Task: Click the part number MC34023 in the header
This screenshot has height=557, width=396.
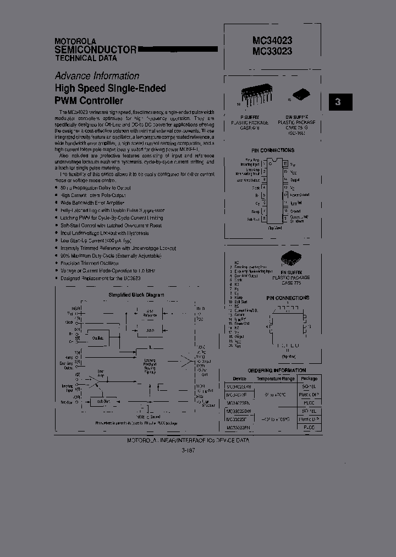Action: [265, 40]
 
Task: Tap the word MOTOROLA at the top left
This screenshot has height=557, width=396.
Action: [75, 41]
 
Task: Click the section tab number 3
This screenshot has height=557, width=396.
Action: [338, 102]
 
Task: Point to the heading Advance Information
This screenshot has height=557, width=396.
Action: [97, 76]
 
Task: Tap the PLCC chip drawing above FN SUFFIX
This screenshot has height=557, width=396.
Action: [291, 258]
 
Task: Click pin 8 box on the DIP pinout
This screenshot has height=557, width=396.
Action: [265, 219]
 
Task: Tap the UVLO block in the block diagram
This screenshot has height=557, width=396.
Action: [150, 329]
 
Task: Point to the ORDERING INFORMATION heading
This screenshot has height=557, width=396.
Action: [277, 370]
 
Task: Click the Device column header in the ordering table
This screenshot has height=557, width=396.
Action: [239, 379]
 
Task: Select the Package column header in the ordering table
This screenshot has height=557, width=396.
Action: [309, 379]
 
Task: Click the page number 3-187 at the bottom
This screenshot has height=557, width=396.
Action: [188, 450]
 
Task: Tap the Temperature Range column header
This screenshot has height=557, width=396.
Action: [276, 379]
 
